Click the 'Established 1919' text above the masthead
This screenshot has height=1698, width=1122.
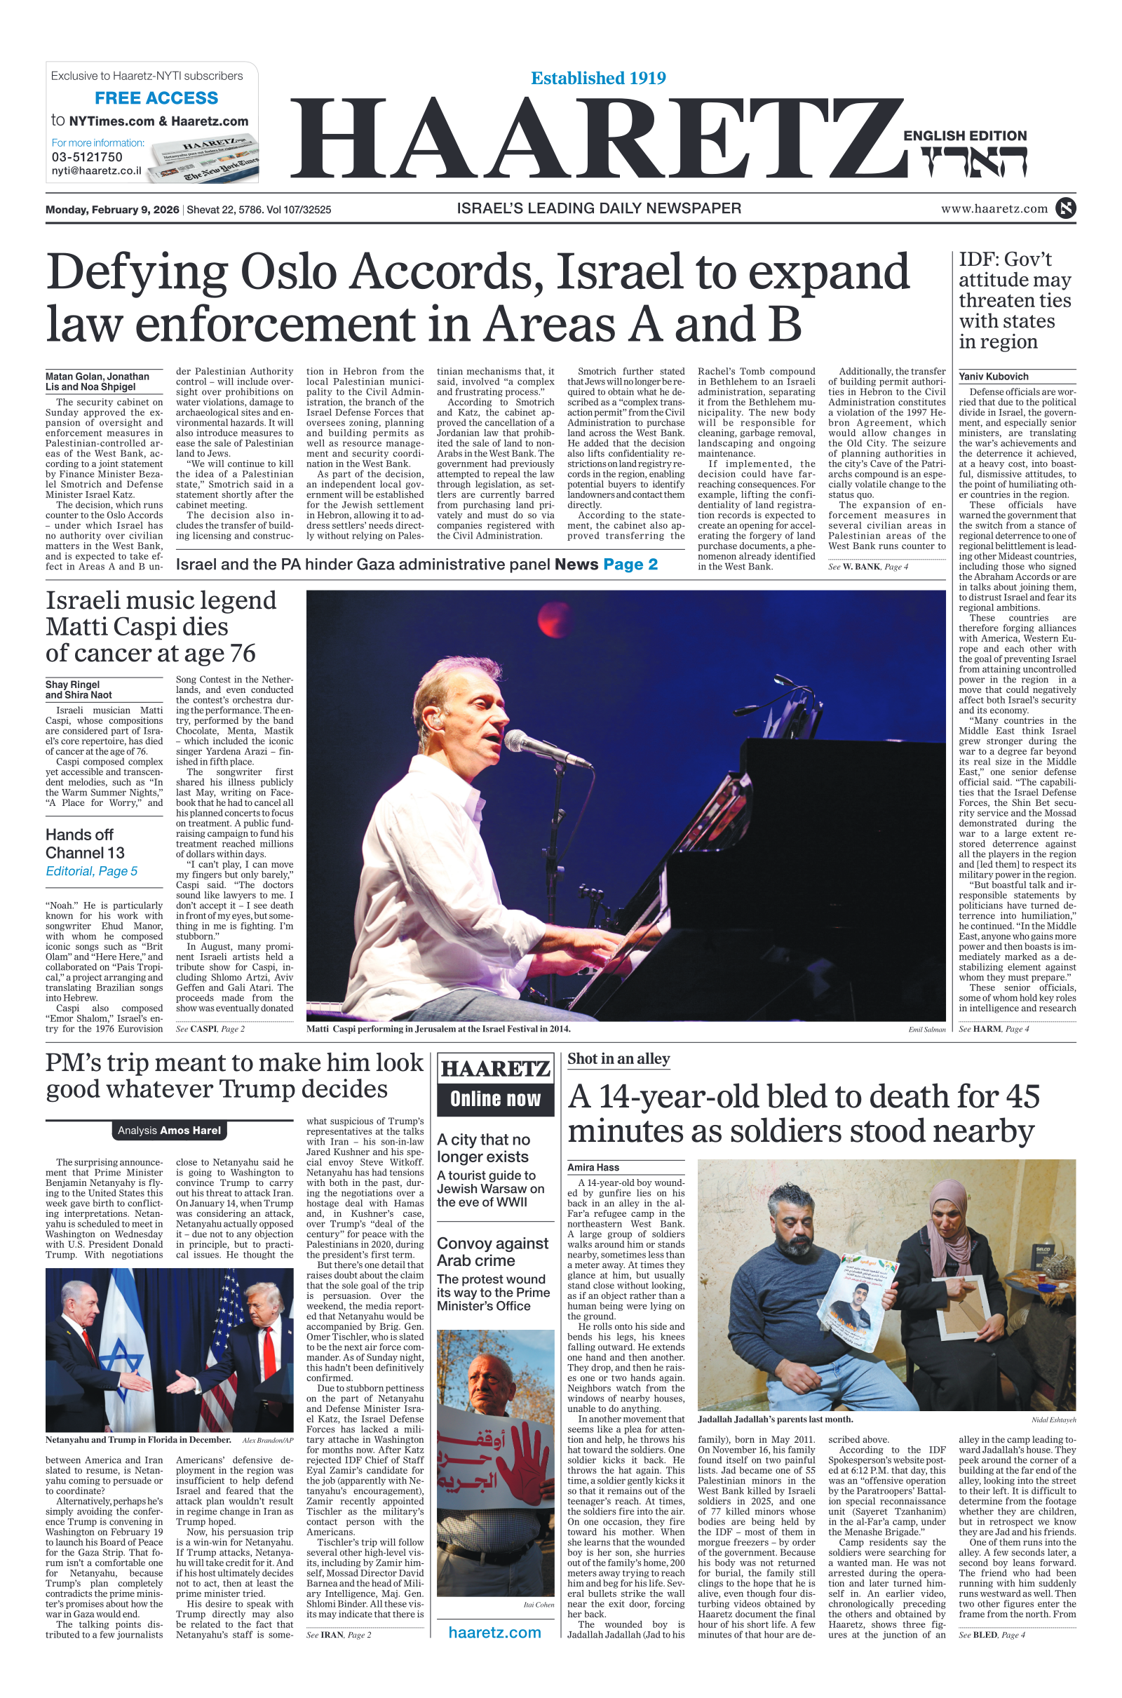[x=598, y=78]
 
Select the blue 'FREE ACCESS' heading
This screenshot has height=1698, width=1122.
[x=156, y=98]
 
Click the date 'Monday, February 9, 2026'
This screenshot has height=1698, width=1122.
[x=112, y=210]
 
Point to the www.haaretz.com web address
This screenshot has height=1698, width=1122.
[x=994, y=208]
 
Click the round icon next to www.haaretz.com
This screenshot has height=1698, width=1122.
[x=1065, y=208]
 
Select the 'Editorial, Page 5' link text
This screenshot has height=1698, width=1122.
[x=92, y=871]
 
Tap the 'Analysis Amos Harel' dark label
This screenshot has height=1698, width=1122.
[x=170, y=1130]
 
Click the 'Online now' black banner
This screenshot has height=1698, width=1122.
[x=495, y=1098]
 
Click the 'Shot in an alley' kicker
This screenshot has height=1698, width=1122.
[x=619, y=1058]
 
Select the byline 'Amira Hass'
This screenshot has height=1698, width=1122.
[x=593, y=1167]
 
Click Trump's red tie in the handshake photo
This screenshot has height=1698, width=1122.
[x=269, y=1352]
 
